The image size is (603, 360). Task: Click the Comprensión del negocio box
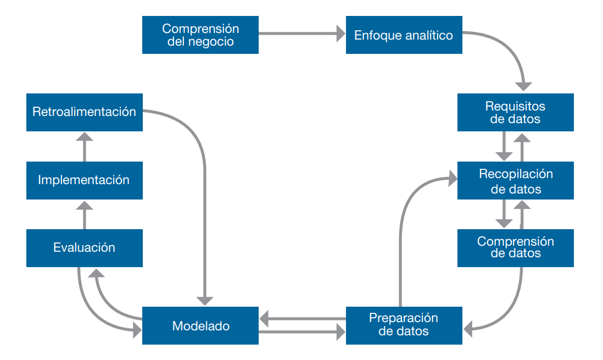(200, 35)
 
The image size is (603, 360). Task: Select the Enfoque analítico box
(404, 35)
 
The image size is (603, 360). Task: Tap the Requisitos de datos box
(515, 112)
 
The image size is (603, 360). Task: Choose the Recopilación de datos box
(515, 180)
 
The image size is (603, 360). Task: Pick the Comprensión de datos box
(515, 248)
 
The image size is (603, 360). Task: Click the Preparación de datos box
(404, 325)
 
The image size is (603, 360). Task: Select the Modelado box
(200, 325)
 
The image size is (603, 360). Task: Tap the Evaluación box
(84, 248)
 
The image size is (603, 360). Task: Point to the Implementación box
(84, 180)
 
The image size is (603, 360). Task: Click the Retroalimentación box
(84, 112)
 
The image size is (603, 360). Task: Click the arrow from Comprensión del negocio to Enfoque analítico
(302, 34)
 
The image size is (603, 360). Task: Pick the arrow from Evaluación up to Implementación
(85, 214)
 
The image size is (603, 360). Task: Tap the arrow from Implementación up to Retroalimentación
(85, 146)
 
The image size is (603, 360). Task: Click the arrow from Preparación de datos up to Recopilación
(403, 220)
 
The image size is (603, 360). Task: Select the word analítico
(429, 35)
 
